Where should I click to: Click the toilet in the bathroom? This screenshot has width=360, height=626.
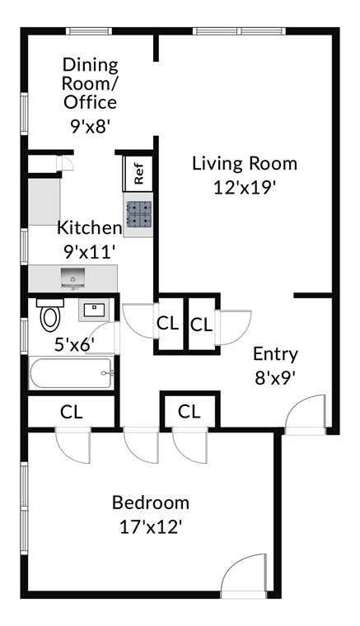click(x=51, y=315)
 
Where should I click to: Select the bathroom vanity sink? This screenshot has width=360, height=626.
click(x=93, y=311)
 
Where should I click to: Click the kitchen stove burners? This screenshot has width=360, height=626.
click(x=138, y=213)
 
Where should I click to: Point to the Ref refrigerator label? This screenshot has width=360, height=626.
click(x=138, y=174)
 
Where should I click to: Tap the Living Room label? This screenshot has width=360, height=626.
click(x=245, y=163)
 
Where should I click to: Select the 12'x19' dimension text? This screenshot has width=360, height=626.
click(x=245, y=186)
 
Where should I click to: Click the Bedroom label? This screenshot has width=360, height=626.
click(x=151, y=502)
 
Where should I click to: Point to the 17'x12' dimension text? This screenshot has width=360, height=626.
click(x=151, y=526)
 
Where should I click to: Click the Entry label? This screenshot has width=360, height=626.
click(x=275, y=354)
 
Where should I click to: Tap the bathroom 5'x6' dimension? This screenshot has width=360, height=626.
click(x=75, y=345)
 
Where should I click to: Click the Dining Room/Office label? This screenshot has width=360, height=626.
click(x=91, y=83)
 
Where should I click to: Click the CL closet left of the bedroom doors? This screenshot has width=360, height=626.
click(x=72, y=411)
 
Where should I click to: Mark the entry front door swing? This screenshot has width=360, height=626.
click(x=306, y=413)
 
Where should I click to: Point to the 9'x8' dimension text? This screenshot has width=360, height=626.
click(x=91, y=127)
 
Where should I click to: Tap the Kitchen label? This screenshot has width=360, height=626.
click(x=89, y=227)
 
